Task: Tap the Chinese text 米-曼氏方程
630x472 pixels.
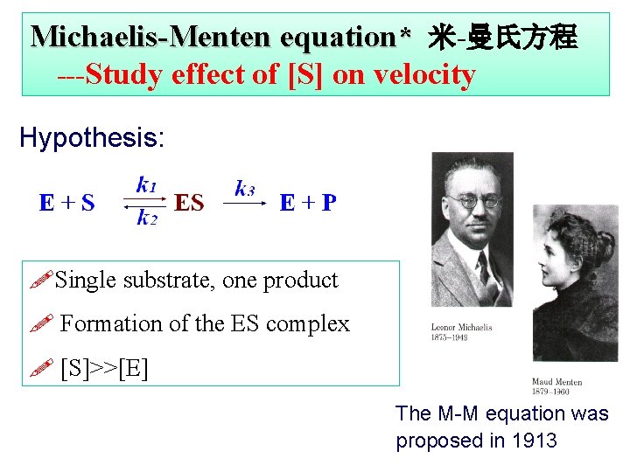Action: click(x=502, y=37)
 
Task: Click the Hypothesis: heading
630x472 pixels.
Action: click(x=92, y=138)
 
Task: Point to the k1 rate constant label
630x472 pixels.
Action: click(x=146, y=184)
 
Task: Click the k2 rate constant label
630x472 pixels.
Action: click(x=146, y=219)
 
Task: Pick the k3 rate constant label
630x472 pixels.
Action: click(x=245, y=188)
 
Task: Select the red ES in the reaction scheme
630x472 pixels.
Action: click(x=189, y=204)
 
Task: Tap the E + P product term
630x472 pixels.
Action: click(x=307, y=204)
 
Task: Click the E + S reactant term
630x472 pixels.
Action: click(x=67, y=204)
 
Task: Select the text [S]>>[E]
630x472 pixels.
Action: click(x=104, y=367)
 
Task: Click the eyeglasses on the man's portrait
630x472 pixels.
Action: click(x=473, y=200)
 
